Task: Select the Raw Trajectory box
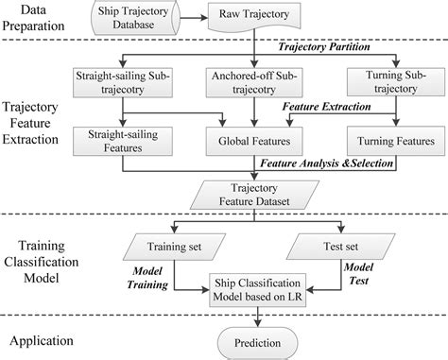click(252, 17)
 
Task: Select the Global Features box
click(253, 142)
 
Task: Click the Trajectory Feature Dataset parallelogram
click(253, 194)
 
